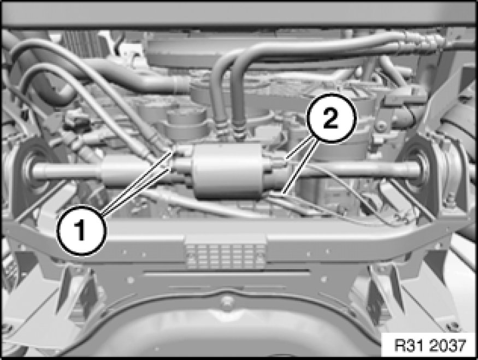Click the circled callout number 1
coord(81,230)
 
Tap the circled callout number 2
coord(331,118)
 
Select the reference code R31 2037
coord(430,346)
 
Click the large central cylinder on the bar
coord(226,171)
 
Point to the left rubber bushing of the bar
coord(31,169)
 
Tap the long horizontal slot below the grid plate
coord(227,273)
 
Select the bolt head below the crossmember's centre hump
coord(226,300)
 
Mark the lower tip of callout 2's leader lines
coord(284,193)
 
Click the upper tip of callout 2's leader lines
coord(286,158)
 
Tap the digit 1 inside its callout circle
coord(80,231)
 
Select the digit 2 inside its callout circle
coord(331,119)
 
